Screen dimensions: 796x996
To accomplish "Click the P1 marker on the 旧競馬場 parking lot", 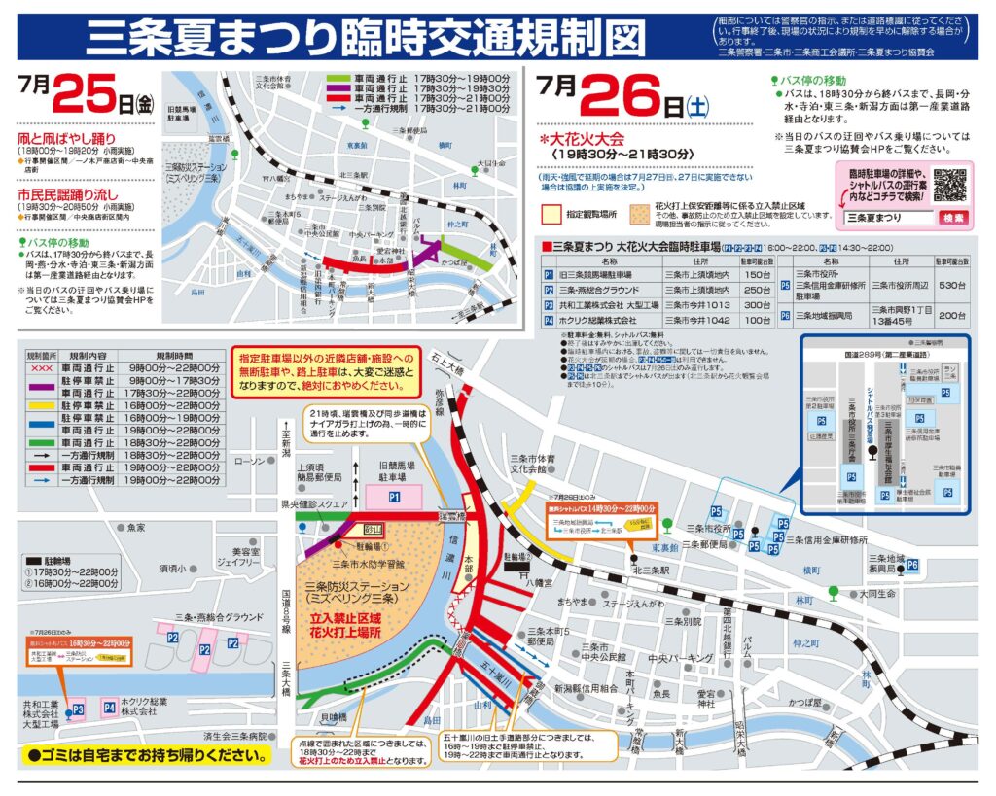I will [395, 497].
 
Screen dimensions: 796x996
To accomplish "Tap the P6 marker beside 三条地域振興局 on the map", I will [912, 565].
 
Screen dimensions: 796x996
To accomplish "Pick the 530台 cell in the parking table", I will [952, 287].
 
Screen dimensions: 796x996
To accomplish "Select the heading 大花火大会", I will [588, 139].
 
